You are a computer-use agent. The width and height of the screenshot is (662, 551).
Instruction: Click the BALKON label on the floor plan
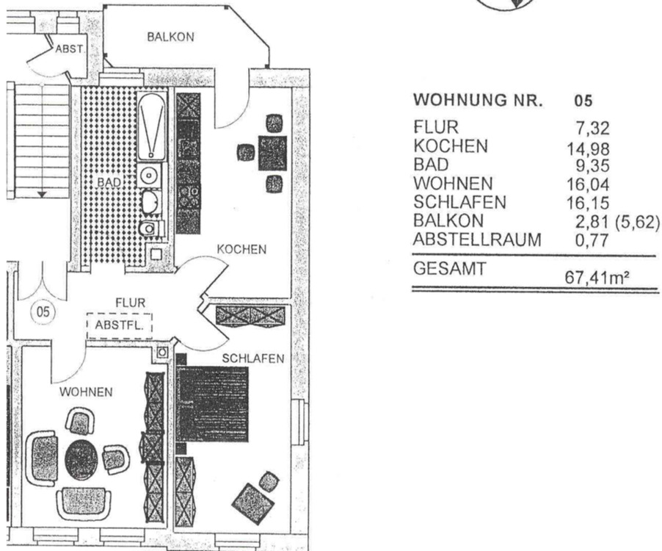(x=170, y=37)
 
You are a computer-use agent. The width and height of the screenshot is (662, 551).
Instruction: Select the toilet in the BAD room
(x=150, y=228)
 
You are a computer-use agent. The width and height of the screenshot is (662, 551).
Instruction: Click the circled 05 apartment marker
(x=43, y=312)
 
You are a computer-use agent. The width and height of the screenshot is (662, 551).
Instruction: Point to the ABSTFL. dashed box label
(x=119, y=324)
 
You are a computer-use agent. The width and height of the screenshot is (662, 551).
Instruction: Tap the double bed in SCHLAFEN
(x=212, y=403)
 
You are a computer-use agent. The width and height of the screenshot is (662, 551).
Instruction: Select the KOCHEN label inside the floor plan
(x=241, y=250)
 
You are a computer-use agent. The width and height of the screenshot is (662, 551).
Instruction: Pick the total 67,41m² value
(x=597, y=277)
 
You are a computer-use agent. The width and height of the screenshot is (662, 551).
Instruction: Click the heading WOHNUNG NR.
(x=479, y=101)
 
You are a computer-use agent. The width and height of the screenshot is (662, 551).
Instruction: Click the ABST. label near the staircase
(x=70, y=49)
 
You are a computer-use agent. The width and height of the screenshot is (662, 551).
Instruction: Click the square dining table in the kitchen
(x=272, y=153)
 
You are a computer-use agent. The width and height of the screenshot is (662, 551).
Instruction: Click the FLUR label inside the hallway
(x=130, y=303)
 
